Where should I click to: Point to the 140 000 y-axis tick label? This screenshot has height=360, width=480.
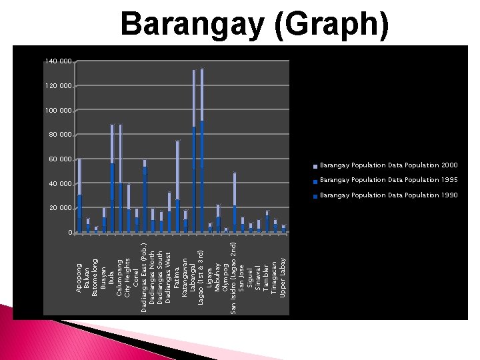[58, 61]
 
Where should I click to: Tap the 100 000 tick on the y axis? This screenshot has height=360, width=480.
[58, 110]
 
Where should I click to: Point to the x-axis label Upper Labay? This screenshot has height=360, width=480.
[283, 276]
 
